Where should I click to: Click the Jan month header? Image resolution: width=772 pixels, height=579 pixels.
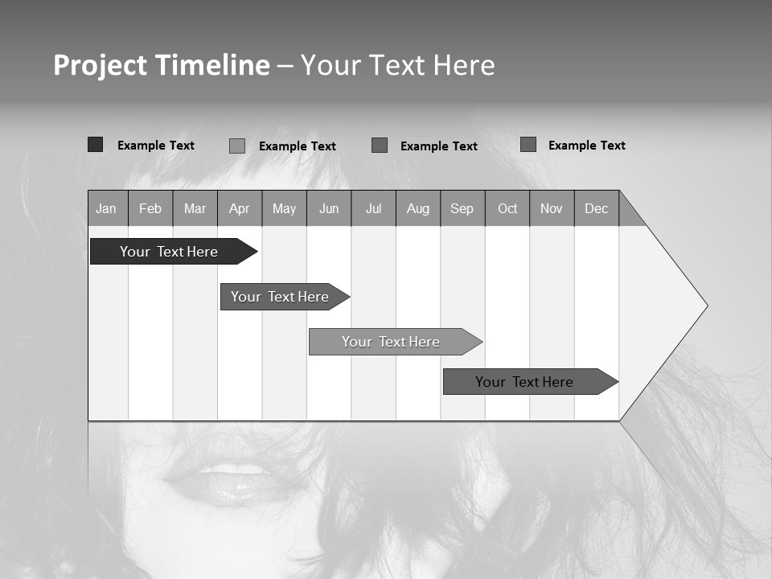pyautogui.click(x=107, y=208)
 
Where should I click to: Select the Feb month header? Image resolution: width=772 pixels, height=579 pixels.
pyautogui.click(x=150, y=208)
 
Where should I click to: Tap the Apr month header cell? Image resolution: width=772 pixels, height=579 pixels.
pyautogui.click(x=240, y=208)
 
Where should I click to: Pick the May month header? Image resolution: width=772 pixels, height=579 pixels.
pyautogui.click(x=284, y=208)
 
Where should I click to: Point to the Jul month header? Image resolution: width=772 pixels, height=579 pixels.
pyautogui.click(x=373, y=208)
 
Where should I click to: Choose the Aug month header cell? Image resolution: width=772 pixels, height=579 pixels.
pyautogui.click(x=418, y=208)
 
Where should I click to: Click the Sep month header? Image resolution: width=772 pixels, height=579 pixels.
pyautogui.click(x=462, y=208)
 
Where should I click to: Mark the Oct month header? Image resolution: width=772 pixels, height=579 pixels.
pyautogui.click(x=507, y=208)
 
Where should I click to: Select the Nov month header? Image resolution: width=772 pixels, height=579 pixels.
pyautogui.click(x=552, y=208)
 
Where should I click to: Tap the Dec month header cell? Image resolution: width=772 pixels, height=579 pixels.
pyautogui.click(x=597, y=208)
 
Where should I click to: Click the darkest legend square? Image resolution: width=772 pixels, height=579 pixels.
pyautogui.click(x=96, y=145)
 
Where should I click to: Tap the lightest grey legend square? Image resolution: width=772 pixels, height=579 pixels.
pyautogui.click(x=237, y=146)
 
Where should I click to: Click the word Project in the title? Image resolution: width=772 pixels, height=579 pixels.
pyautogui.click(x=101, y=65)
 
